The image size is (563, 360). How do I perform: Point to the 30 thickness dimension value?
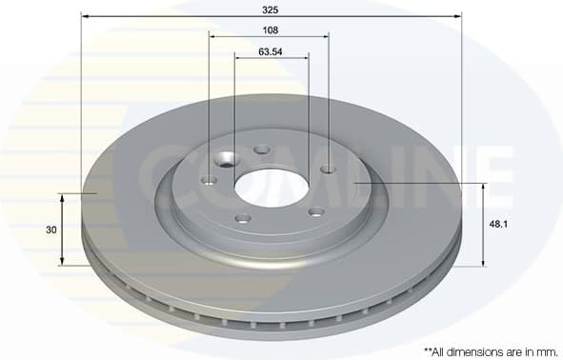point(50,230)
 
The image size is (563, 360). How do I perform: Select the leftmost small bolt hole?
point(210,180)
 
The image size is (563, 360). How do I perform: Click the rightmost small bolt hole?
point(328,170)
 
